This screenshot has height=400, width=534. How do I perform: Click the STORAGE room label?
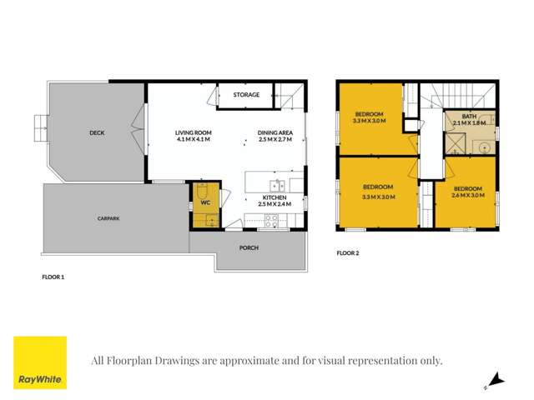pos(246,95)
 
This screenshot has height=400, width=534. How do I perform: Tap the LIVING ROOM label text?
pos(193,132)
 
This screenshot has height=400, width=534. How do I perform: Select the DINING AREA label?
pos(275,132)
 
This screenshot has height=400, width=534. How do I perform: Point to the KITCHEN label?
pos(274,197)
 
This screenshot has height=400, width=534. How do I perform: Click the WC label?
pos(205,202)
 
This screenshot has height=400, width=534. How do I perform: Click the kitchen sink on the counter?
pos(278,186)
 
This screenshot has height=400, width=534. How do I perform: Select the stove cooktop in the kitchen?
pos(271,221)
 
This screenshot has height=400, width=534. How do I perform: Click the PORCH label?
pos(249,247)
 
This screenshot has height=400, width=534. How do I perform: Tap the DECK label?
pos(97,132)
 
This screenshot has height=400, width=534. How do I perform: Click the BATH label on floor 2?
pos(469,116)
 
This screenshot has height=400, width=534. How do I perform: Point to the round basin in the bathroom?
pos(485,147)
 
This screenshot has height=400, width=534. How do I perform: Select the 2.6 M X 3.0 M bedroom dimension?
pos(467,197)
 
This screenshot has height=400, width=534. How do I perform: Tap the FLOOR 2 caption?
pos(347,252)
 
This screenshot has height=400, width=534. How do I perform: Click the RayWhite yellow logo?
pos(40,362)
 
